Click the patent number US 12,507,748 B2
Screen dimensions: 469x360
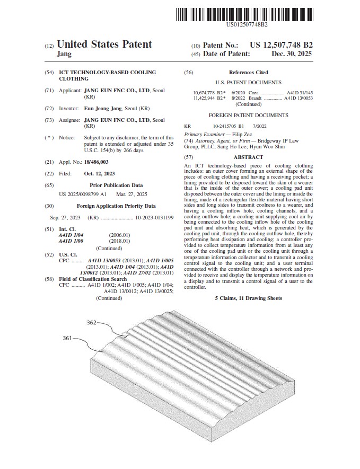coord(281,46)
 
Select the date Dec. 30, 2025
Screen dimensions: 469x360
coord(292,54)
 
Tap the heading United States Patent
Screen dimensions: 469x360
coord(104,45)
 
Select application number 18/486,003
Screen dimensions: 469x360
coord(96,162)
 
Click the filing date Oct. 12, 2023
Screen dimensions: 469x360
coord(99,173)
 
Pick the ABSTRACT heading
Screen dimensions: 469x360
coord(248,157)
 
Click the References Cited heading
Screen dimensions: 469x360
coord(248,72)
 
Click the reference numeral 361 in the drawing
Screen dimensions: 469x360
coord(67,337)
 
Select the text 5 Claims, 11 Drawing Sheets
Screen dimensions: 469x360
coord(248,298)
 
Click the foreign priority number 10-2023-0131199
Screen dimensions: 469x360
coord(154,218)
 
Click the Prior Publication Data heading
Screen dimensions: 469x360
coord(116,185)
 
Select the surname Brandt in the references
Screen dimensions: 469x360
coord(256,98)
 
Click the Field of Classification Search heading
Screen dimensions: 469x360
coord(93,279)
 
